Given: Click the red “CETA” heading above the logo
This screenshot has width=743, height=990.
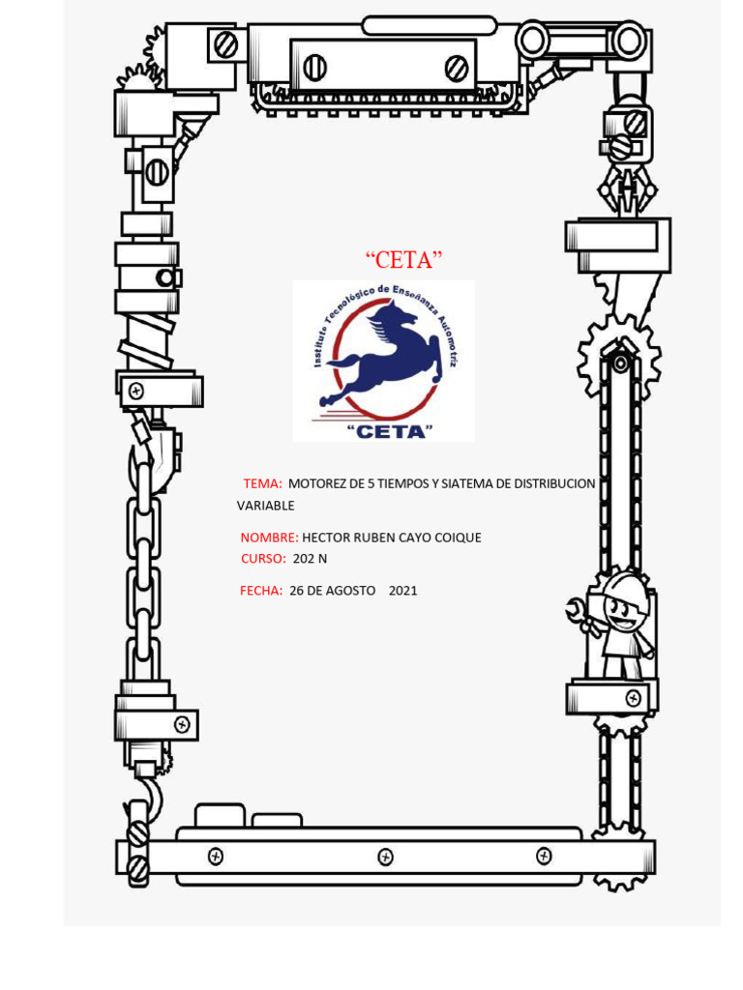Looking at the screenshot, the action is (x=403, y=259).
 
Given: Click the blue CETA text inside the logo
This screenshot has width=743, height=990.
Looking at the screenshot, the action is (x=387, y=430).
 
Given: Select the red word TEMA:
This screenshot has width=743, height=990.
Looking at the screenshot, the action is (x=262, y=483).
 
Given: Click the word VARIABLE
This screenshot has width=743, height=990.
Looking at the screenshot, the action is (x=265, y=506).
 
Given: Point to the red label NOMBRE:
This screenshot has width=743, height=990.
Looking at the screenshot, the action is (x=269, y=538).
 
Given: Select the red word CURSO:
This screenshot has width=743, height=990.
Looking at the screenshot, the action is (x=263, y=559).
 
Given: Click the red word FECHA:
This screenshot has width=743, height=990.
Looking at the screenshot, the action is (x=261, y=590).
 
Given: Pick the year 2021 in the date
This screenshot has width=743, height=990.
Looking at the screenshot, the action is (x=402, y=590).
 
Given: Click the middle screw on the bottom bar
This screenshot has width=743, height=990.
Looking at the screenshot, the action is (x=385, y=857).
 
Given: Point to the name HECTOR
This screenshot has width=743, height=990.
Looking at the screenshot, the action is (x=327, y=538).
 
